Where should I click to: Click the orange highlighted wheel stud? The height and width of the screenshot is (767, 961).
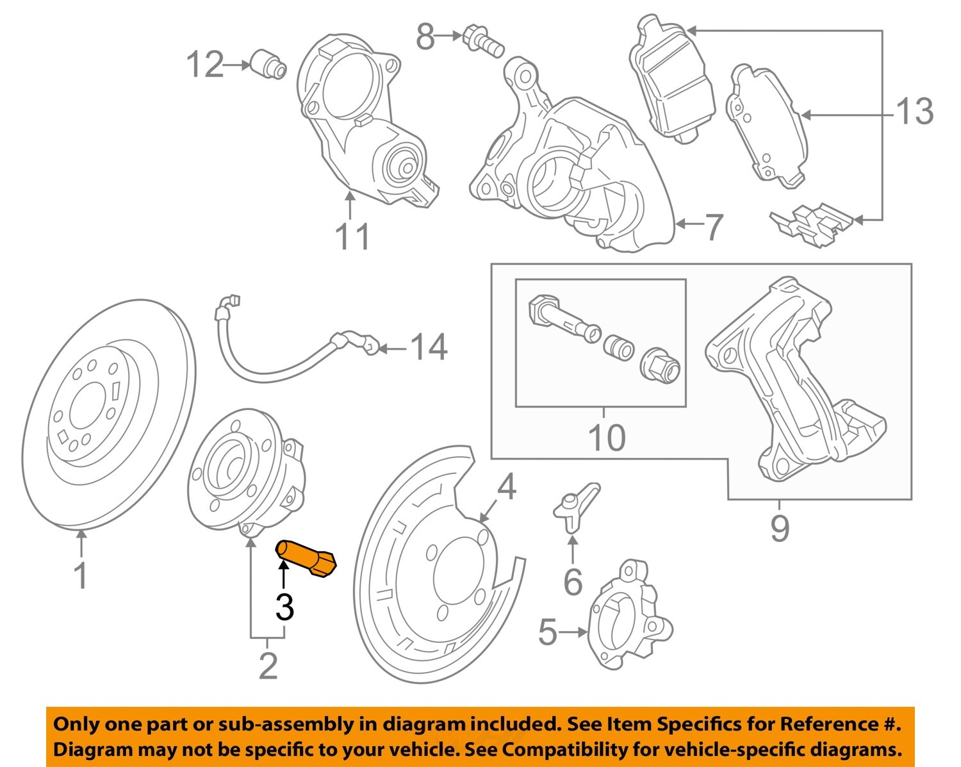pos(306,558)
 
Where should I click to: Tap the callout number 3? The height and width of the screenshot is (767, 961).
pos(284,607)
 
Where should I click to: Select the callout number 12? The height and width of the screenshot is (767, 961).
pos(205,65)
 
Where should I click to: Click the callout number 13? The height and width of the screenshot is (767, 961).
pos(915,112)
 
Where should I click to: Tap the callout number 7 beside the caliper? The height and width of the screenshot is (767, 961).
pos(714,226)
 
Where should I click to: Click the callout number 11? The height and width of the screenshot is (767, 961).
pos(352,237)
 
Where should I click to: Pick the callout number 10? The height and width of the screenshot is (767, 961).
pos(606,438)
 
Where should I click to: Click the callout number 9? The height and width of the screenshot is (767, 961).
pos(779,529)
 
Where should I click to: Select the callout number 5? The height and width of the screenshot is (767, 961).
pos(547,632)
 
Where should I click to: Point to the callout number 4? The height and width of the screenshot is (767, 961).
pos(506,488)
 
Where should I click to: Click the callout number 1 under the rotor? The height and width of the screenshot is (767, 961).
pos(81,575)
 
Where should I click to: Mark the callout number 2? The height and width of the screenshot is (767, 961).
pos(268,666)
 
